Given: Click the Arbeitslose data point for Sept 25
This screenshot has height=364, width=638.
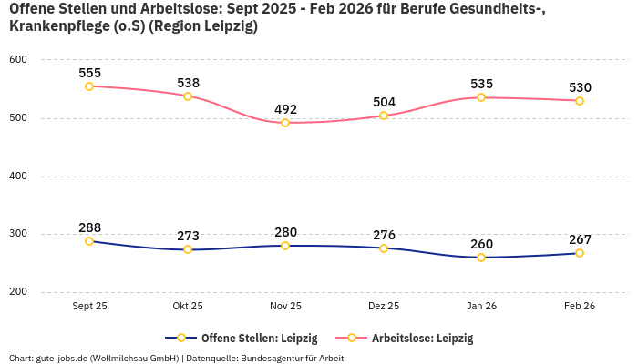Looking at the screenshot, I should click(89, 86).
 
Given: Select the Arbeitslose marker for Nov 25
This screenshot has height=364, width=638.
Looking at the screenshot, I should click(285, 123).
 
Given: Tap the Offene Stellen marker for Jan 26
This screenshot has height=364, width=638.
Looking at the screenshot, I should click(481, 258).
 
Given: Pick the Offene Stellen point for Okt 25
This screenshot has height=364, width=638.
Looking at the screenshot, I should click(188, 249).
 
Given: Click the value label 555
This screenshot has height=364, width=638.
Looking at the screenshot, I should click(90, 73).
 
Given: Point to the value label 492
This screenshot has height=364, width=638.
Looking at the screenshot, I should click(285, 109).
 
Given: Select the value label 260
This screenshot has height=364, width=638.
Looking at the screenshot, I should click(481, 244).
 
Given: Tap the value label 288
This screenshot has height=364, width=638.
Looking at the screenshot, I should click(90, 227).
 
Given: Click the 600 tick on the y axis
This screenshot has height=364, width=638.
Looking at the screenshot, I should click(18, 60).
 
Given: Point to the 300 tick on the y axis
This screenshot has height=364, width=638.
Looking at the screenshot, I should click(18, 234).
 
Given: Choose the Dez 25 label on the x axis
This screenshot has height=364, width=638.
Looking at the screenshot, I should click(384, 307).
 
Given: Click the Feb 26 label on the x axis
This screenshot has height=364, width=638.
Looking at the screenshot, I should click(580, 307).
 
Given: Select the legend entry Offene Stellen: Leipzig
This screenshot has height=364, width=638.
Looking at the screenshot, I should click(249, 339).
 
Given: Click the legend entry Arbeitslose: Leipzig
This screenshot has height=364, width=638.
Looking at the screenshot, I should click(422, 339).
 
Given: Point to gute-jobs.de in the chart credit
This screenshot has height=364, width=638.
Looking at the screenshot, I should click(64, 359).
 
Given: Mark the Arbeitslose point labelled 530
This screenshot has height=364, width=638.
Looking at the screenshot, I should click(580, 101).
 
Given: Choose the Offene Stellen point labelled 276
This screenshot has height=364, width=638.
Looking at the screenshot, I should click(384, 248).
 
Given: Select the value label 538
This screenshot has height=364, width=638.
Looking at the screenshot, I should click(189, 83).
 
